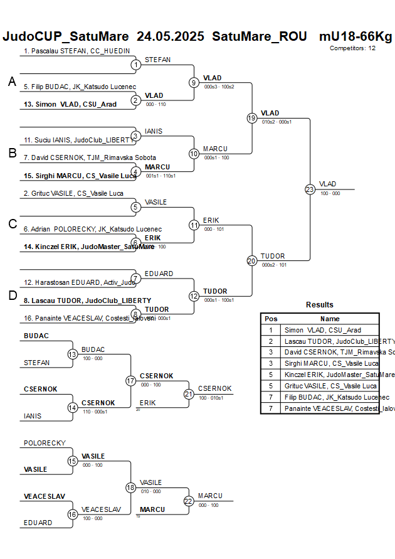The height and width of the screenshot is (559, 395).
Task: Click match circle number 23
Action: pos(310,189)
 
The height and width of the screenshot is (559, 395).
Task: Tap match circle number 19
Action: pos(252,118)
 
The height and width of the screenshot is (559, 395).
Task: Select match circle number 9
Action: pos(194,82)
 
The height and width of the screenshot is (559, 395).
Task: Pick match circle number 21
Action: pos(189,394)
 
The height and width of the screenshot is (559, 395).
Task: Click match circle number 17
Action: pos(130,381)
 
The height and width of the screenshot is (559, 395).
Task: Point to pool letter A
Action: pos(11,82)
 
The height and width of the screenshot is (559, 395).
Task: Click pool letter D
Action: pos(12,296)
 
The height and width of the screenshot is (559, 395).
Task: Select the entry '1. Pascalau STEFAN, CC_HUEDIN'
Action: pos(76,50)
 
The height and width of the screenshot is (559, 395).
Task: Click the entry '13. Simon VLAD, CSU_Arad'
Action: pos(70,104)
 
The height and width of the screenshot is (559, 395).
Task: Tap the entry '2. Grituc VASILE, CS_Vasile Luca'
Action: pos(73,193)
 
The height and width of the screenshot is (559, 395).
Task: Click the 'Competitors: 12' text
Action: pos(352,48)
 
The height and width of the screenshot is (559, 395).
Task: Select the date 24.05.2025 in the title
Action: pos(170,36)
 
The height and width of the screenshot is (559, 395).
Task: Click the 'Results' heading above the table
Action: pos(319,305)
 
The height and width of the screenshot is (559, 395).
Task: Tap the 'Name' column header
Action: pos(329,319)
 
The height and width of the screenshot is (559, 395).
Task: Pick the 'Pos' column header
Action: pos(271,319)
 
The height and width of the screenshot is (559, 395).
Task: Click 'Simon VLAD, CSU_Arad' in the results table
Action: pos(322,330)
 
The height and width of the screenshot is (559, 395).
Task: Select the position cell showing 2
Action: pos(271,341)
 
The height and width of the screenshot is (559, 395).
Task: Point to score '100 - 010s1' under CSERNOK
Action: pos(213,398)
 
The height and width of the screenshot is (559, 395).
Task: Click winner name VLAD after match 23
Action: pos(327,184)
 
